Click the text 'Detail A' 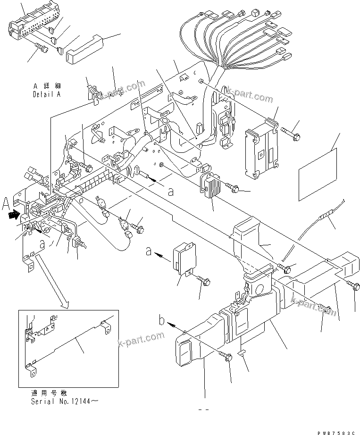click(x=47, y=94)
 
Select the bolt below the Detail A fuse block click(x=42, y=48)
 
